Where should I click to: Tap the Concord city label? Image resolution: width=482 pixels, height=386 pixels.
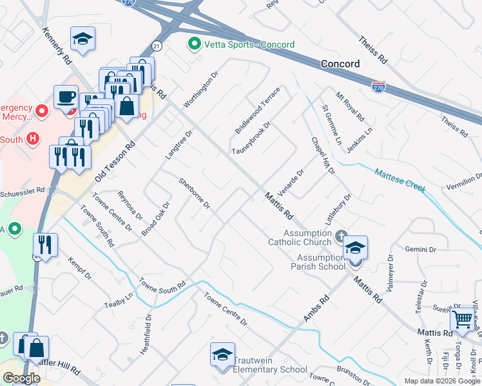(x=340, y=64)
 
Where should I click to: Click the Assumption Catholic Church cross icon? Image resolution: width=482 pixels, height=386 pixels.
(x=341, y=237)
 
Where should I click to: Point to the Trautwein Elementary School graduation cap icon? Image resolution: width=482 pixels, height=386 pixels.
(x=222, y=355)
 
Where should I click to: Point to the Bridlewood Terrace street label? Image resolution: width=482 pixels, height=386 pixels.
(x=258, y=110)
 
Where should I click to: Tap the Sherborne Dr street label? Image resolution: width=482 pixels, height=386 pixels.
(x=194, y=193)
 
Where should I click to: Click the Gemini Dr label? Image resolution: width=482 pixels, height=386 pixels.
(x=421, y=249)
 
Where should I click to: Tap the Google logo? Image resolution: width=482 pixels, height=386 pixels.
(x=22, y=378)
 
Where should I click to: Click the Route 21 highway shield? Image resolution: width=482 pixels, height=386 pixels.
(x=157, y=46)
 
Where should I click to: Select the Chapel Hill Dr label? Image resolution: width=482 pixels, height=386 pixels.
(x=323, y=155)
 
